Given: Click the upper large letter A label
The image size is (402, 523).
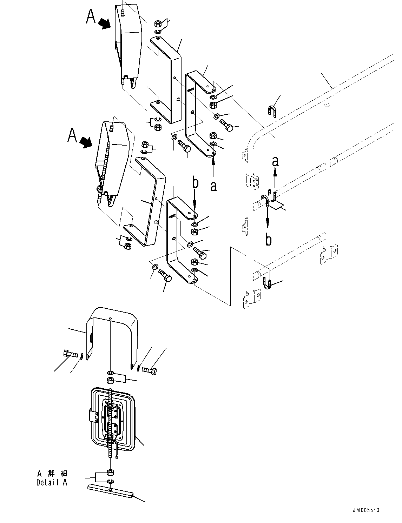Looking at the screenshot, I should pos(91,16).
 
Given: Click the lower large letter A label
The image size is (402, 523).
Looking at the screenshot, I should pos(72,135).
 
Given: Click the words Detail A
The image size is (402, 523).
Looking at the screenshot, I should pos(52,482).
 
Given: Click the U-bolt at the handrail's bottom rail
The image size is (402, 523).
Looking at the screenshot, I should pos(266,283).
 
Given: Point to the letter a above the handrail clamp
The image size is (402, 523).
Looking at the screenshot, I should pos(276,161).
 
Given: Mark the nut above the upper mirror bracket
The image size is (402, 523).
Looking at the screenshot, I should pos(158,24).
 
